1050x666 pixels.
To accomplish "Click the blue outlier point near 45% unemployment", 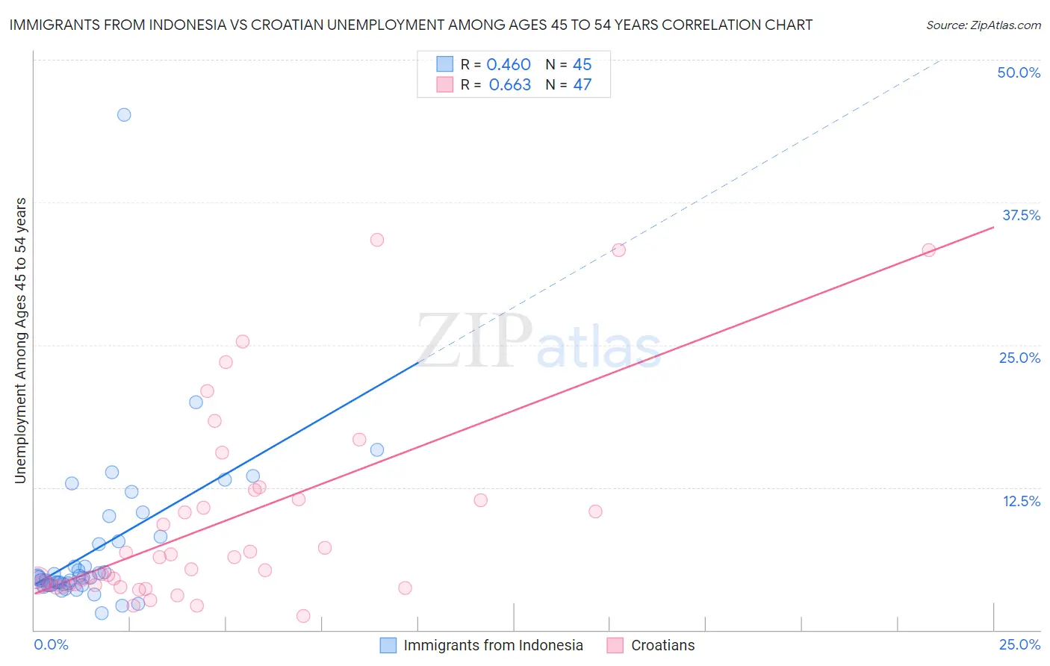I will click(124, 114).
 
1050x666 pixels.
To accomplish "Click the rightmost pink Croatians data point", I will click(928, 250).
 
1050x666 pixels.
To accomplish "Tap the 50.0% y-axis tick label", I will click(1019, 72).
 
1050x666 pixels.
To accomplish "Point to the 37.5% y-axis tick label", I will click(1021, 215).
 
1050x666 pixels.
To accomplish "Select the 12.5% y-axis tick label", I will click(1021, 501).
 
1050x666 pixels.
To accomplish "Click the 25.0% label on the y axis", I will click(1019, 358).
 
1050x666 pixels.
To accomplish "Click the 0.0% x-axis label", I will click(51, 644).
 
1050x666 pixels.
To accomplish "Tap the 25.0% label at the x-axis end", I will click(1019, 644).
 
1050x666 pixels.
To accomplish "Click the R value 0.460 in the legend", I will click(509, 64).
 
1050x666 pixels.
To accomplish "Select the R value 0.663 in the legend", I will click(509, 84).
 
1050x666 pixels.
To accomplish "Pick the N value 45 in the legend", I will click(582, 64).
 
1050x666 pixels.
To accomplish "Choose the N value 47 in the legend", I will click(582, 84).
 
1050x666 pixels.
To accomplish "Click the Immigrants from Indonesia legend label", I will click(493, 645).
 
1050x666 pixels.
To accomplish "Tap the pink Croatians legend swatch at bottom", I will click(615, 645).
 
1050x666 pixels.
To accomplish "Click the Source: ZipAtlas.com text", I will click(983, 25).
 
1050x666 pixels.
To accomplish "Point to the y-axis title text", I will click(21, 340).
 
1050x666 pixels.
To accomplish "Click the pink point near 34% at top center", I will click(377, 240).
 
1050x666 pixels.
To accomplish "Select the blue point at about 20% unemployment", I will click(196, 402).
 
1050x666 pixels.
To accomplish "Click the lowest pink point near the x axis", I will click(303, 616).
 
